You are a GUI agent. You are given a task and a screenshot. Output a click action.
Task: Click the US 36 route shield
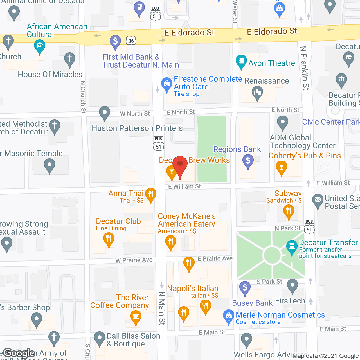[131, 41]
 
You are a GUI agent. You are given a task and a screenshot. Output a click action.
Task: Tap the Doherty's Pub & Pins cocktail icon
[282, 168]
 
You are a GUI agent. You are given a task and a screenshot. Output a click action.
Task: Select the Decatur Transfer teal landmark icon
[292, 247]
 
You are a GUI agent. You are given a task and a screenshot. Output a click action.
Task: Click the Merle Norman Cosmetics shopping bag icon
[229, 316]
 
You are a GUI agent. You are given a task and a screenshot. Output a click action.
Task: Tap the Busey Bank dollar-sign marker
[245, 288]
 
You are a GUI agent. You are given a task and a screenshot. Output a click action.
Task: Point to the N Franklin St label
[304, 68]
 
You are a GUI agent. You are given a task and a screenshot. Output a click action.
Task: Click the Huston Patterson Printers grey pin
[105, 113]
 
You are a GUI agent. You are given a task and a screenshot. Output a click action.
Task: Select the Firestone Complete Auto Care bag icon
[167, 84]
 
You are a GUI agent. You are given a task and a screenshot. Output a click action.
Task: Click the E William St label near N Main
[184, 186]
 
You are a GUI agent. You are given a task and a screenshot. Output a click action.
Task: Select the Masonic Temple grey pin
[49, 165]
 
